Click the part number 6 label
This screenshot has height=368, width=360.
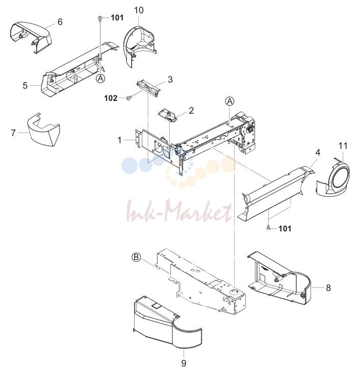tap(60, 22)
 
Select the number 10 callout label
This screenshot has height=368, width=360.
tap(139, 10)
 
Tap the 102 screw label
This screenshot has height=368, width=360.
tap(111, 98)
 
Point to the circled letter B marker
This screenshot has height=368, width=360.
tap(136, 257)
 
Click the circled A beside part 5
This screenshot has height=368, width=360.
tap(100, 78)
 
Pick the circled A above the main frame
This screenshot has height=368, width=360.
tap(229, 101)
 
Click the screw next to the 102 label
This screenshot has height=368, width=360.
tap(128, 98)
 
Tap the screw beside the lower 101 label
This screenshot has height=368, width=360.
tap(268, 228)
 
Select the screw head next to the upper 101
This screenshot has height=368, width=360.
tap(100, 18)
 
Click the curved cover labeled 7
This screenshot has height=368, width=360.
tap(43, 130)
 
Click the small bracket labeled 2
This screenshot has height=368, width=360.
tap(168, 115)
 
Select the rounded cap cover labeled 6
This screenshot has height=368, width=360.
tap(31, 36)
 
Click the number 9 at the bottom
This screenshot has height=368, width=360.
tap(184, 363)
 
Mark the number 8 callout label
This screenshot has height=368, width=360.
tap(328, 288)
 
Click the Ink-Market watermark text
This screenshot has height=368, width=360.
tap(179, 211)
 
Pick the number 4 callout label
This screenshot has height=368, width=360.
tap(318, 152)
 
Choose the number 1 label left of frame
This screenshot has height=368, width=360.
tap(119, 140)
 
